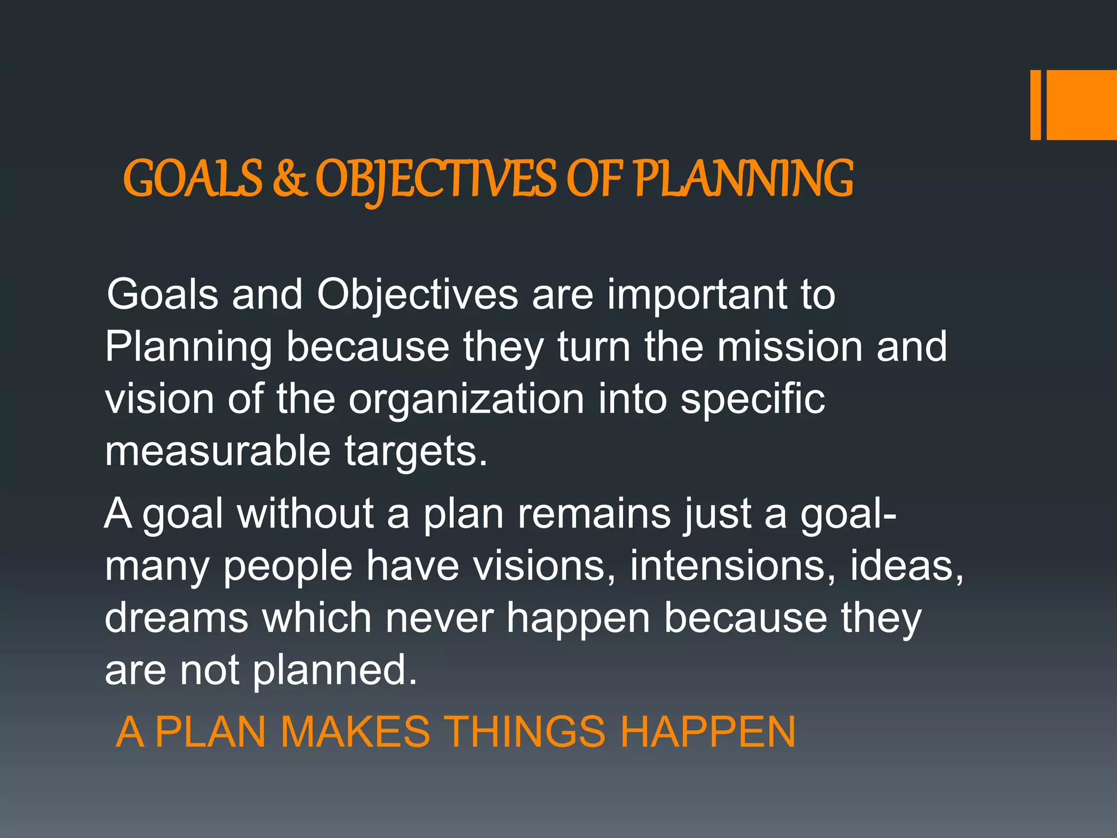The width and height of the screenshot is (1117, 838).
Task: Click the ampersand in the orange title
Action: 289,179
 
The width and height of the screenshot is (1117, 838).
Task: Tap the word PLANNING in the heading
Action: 744,179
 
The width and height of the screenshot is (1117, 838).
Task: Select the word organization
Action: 467,399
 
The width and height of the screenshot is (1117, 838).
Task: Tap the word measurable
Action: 218,451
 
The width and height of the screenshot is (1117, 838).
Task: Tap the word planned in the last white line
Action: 334,671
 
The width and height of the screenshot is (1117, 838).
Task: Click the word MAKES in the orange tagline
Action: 355,732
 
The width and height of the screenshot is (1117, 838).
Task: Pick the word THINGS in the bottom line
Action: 524,732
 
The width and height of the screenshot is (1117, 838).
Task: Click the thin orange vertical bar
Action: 1035,105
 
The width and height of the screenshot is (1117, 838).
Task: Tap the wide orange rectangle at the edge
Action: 1082,105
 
